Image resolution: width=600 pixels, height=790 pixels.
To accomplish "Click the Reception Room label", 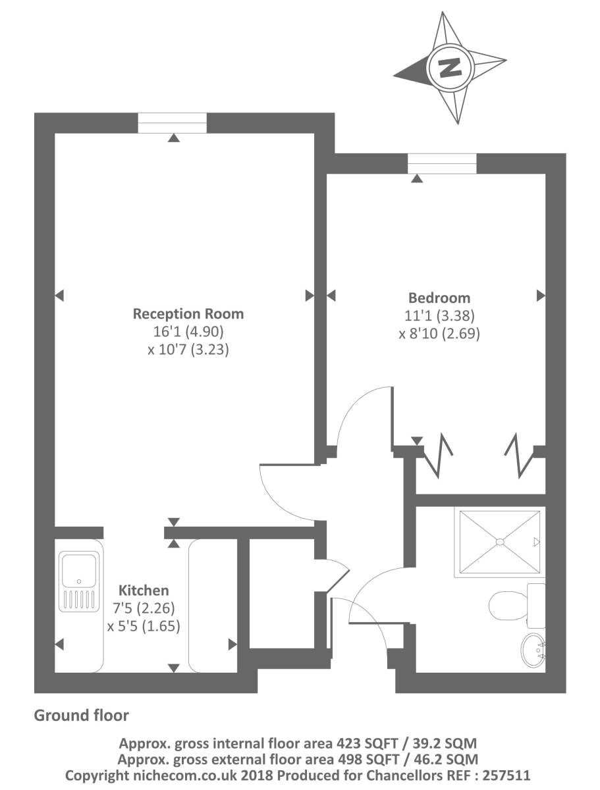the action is (x=188, y=313).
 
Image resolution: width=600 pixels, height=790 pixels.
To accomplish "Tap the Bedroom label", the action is (x=439, y=297).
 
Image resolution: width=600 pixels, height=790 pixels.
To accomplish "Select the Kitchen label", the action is (x=144, y=591).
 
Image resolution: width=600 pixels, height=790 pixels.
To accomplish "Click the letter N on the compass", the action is (x=451, y=67).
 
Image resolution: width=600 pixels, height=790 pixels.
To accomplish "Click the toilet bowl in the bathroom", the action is (x=509, y=604).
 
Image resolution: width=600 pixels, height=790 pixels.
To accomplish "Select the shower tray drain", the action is (x=499, y=542).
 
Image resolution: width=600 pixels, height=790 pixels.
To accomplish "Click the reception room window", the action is (x=173, y=123).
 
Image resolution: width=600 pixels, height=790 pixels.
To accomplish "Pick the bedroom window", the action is (x=442, y=163).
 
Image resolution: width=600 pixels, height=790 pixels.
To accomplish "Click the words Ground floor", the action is (x=82, y=715).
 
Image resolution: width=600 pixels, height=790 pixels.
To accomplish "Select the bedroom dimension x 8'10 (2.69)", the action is (x=439, y=333).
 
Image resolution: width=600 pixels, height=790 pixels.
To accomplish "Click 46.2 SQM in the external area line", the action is (x=449, y=760).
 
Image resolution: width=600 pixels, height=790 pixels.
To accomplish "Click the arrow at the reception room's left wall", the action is (x=59, y=295).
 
